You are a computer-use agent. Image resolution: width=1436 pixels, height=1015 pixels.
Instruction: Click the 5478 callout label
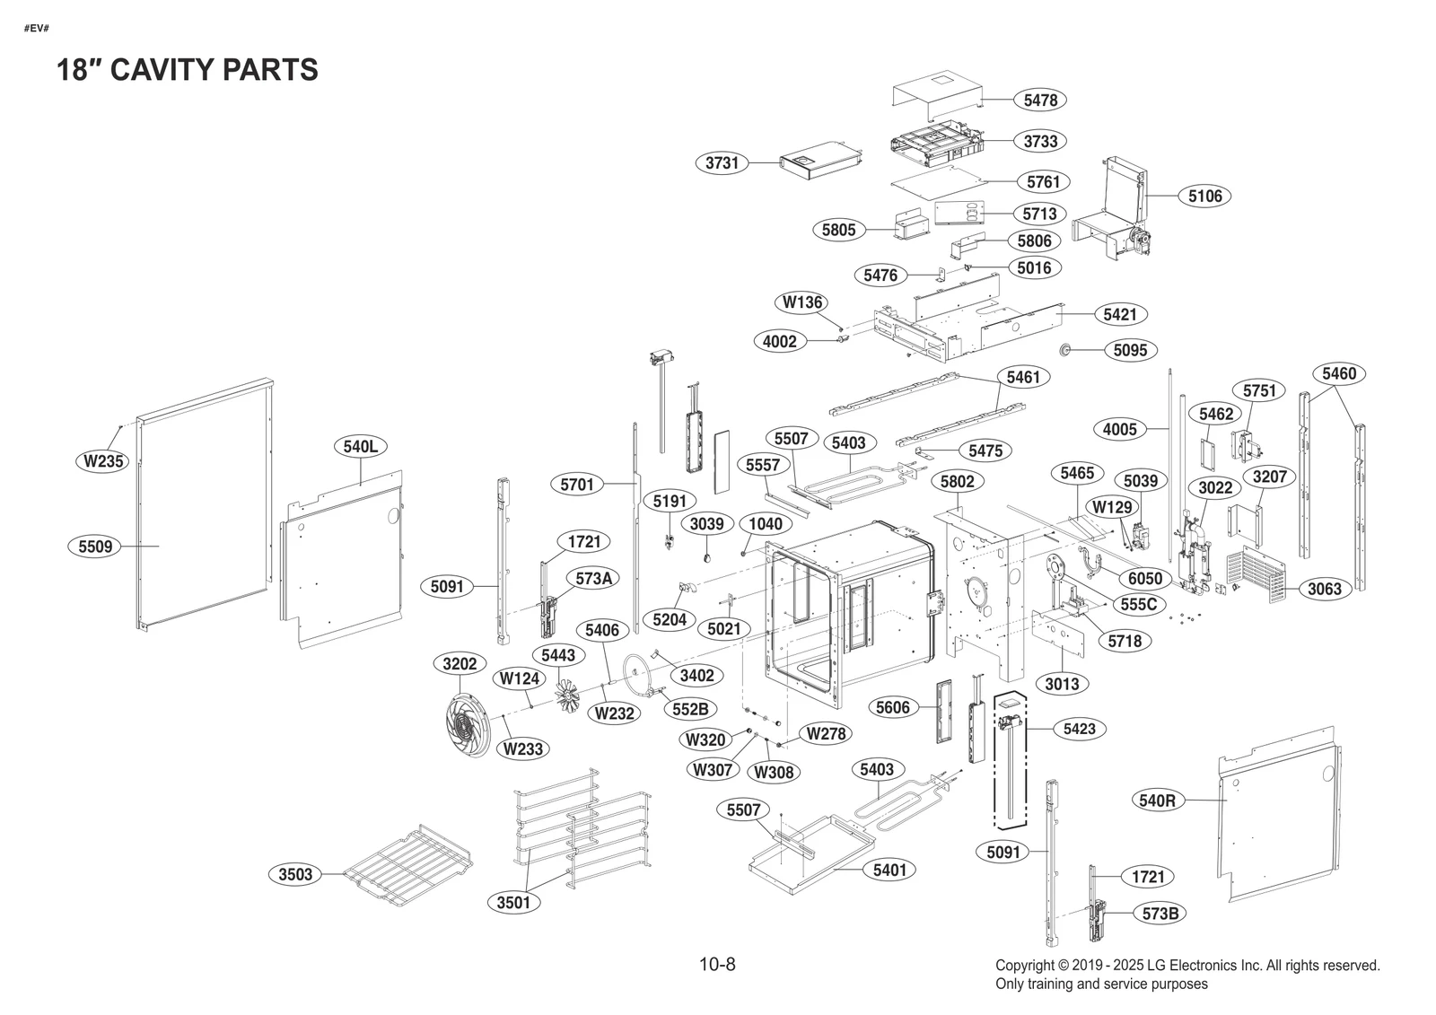click(x=1040, y=101)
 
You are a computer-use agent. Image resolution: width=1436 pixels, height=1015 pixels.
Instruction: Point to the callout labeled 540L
click(x=360, y=446)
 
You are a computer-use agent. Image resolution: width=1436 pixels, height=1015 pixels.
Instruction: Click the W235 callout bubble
click(x=103, y=462)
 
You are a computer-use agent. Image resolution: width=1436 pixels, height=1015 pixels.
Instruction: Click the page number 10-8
click(x=717, y=965)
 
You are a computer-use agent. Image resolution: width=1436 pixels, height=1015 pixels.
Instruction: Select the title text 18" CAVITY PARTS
click(x=188, y=70)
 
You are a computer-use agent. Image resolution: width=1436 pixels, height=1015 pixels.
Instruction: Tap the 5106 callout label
click(x=1204, y=196)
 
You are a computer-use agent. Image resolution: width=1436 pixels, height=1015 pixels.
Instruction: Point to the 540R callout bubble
click(x=1157, y=801)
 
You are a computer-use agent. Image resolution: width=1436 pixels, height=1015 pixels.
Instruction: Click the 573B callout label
click(x=1160, y=914)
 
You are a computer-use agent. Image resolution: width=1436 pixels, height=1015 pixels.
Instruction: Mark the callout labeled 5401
click(x=889, y=870)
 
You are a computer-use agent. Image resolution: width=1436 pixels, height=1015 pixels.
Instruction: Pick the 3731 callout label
click(x=722, y=163)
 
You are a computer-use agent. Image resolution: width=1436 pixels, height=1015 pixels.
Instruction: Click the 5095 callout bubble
click(x=1130, y=350)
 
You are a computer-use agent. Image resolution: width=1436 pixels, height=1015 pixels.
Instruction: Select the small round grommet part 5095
click(x=1067, y=349)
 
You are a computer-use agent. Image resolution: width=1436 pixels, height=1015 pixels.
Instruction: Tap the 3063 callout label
click(x=1324, y=589)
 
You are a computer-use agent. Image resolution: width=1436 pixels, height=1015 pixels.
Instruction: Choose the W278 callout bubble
click(x=826, y=734)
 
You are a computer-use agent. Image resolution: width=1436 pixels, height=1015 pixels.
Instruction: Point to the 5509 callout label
click(x=95, y=546)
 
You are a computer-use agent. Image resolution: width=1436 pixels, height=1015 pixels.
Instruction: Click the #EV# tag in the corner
click(x=36, y=28)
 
